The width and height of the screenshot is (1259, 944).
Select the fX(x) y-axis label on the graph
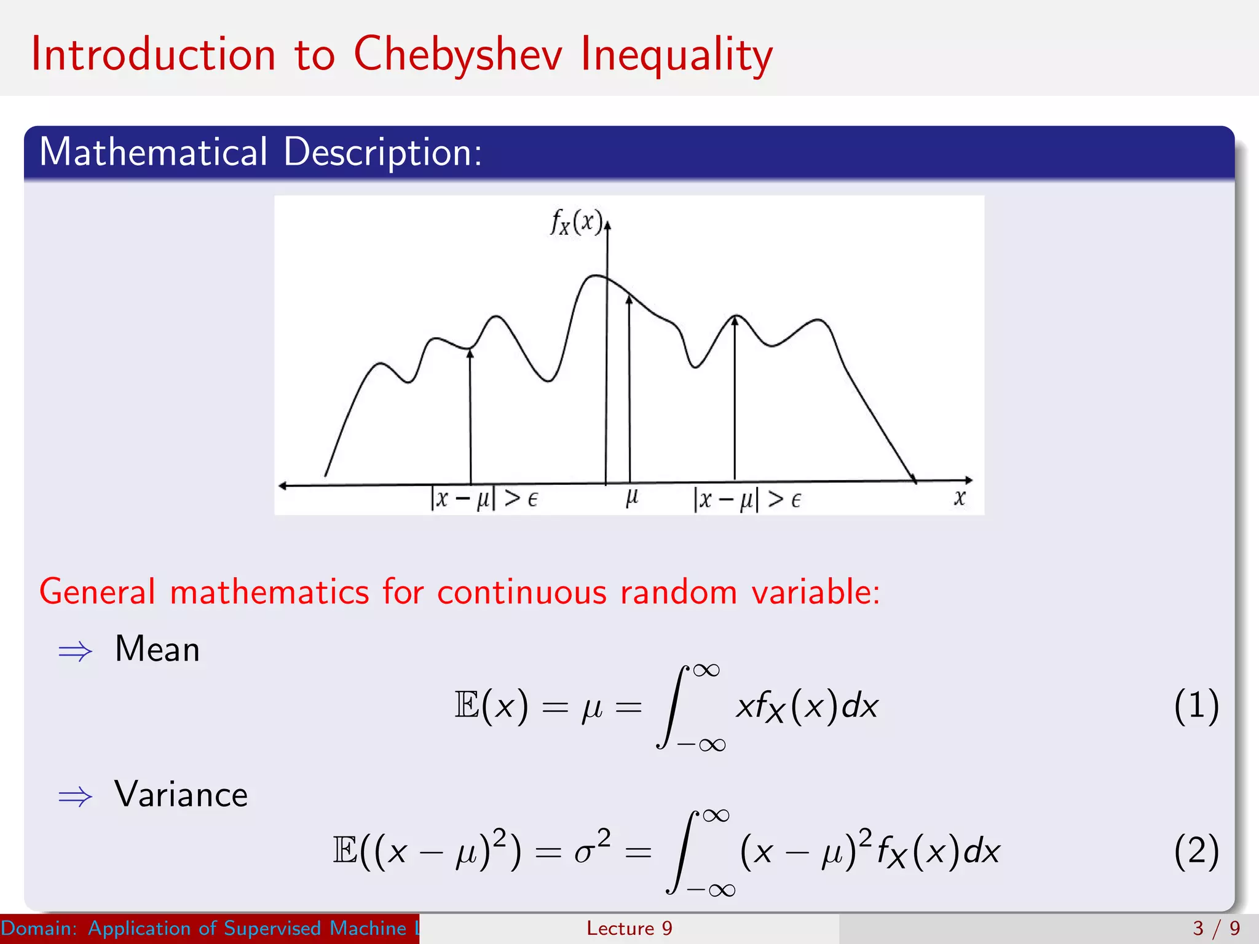point(576,222)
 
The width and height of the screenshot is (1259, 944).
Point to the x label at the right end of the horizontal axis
point(960,498)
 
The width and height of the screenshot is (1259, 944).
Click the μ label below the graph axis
point(632,497)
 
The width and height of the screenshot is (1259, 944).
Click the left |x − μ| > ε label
point(484,498)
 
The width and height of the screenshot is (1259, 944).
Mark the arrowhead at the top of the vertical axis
point(607,225)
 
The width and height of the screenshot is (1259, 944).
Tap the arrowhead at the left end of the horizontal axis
point(283,486)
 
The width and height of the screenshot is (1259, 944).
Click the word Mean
point(157,649)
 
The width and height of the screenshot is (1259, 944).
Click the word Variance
point(181,795)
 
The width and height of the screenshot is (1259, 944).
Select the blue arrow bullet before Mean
point(75,651)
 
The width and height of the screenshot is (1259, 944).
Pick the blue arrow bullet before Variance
point(75,797)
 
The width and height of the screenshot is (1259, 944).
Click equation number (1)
point(1196,706)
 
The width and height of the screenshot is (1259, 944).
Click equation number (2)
point(1196,851)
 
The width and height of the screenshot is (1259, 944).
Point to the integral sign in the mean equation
point(672,707)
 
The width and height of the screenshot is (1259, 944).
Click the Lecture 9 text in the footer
point(629,928)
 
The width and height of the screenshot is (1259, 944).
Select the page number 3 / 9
point(1215,928)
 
